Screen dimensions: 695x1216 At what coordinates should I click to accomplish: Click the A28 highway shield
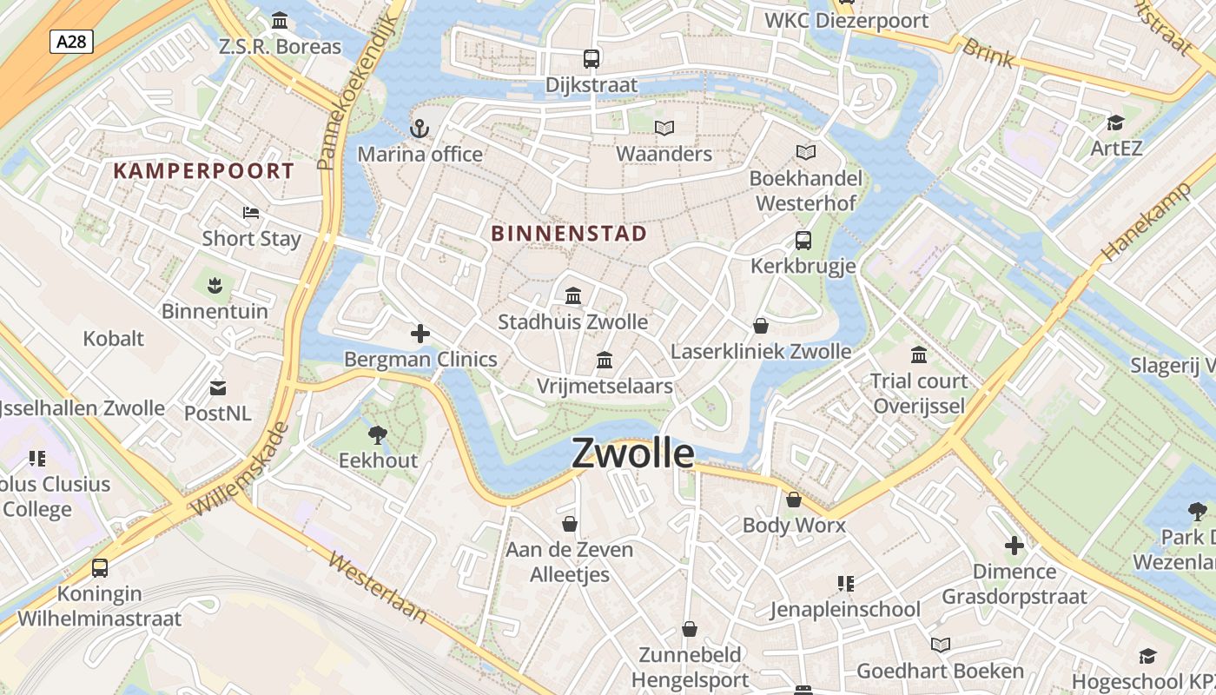(71, 41)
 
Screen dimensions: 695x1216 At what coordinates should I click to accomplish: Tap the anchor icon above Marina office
(420, 129)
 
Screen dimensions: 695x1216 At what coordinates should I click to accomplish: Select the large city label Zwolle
(633, 453)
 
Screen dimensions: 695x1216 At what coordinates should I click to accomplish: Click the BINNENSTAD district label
(569, 234)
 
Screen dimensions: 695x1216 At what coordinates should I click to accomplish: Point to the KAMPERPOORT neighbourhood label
(204, 170)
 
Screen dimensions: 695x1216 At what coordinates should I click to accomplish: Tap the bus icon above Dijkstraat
(591, 59)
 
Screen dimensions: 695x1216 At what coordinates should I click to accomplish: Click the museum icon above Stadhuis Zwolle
(573, 296)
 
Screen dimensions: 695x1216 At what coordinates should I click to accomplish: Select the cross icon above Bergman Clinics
(420, 334)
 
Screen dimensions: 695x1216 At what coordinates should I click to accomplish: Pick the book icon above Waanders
(664, 129)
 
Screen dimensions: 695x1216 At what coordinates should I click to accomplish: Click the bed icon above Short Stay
(251, 213)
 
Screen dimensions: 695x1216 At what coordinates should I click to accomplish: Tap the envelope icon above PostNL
(218, 388)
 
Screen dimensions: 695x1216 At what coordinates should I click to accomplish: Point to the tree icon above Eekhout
(378, 434)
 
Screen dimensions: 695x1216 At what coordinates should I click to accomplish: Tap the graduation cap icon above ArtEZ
(1116, 122)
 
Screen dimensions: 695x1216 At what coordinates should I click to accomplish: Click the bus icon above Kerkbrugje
(803, 241)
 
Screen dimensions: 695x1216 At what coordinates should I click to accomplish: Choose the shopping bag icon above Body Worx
(794, 500)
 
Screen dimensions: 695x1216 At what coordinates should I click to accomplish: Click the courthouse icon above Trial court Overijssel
(919, 355)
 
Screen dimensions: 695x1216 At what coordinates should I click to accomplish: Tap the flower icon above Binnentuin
(215, 284)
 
